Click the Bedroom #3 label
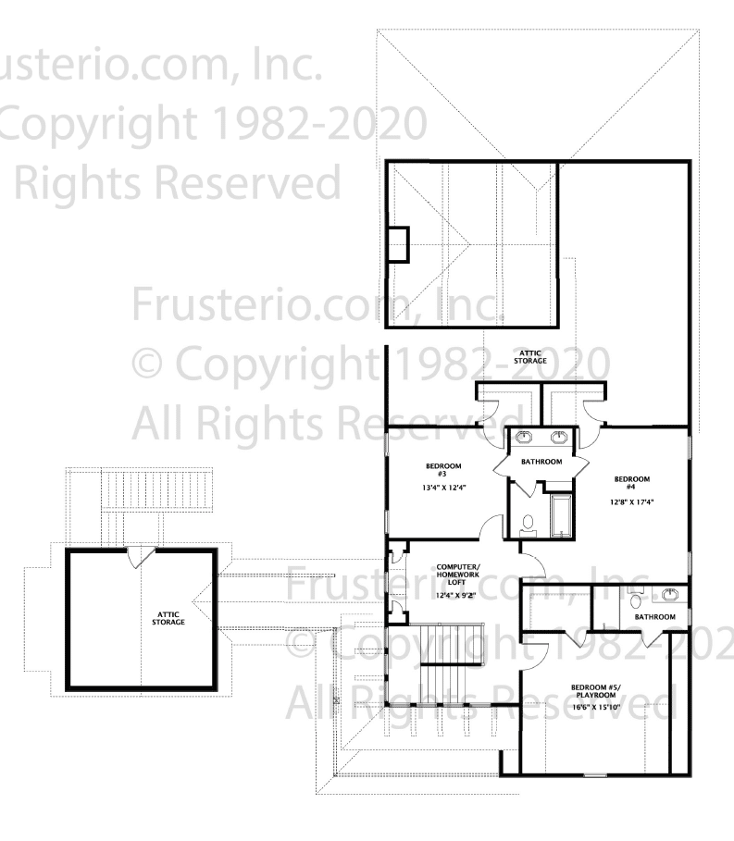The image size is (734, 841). [x=443, y=470]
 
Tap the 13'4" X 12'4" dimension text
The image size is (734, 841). [x=443, y=488]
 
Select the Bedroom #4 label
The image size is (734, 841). [x=631, y=483]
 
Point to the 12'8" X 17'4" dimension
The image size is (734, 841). [x=631, y=502]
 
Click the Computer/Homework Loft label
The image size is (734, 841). [x=457, y=575]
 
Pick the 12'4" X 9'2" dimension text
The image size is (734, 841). [x=455, y=595]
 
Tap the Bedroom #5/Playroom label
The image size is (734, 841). [x=595, y=691]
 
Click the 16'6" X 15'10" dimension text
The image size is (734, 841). [x=595, y=707]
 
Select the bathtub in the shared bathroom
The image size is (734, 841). [x=562, y=515]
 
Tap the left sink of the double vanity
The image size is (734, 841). [x=523, y=437]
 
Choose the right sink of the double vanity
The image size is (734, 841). [x=559, y=437]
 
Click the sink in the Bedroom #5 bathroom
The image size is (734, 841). [x=670, y=594]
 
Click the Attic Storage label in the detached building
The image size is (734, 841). [x=168, y=618]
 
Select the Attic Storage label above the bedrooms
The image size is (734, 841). [x=530, y=357]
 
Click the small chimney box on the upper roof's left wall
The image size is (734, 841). [x=398, y=244]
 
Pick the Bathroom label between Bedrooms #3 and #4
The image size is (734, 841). [x=541, y=462]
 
